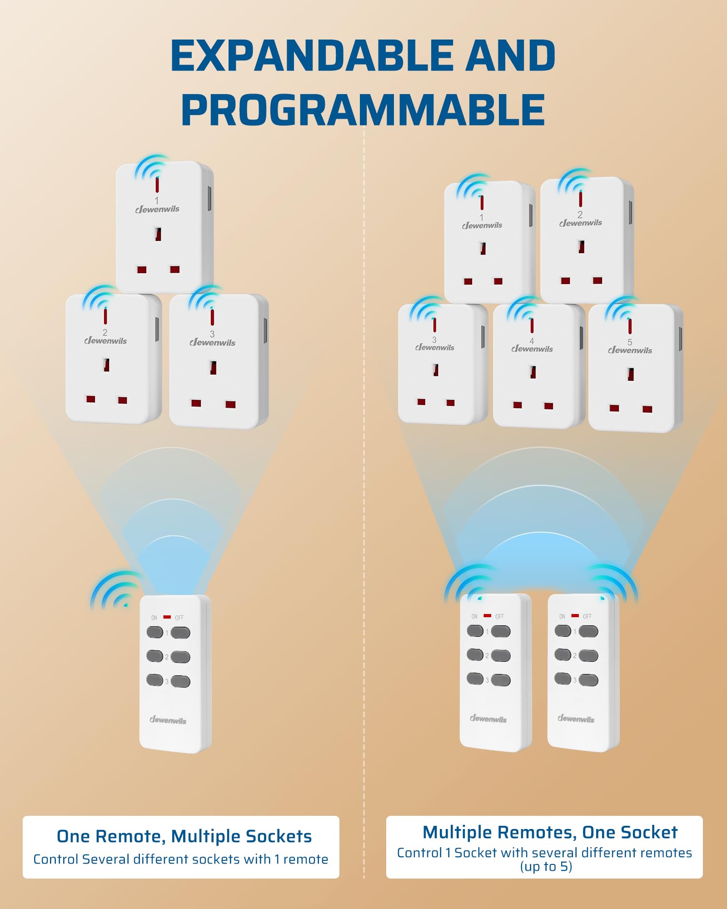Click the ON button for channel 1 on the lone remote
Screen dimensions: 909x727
pos(155,632)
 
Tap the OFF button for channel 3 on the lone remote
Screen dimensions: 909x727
pos(181,681)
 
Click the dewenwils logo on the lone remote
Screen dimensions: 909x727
pos(168,720)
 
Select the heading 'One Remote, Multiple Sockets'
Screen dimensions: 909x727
pos(184,836)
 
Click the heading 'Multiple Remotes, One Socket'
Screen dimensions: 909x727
pos(550,832)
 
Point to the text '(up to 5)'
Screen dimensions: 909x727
pos(546,867)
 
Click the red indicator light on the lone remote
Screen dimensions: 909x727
pos(167,617)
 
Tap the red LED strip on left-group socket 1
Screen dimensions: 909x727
pos(157,185)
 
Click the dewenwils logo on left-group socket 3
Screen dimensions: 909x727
pos(212,343)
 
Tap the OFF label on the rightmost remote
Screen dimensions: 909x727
pos(587,616)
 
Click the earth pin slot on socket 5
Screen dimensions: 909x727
pos(630,374)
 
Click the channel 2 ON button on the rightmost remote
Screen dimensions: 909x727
pos(563,654)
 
